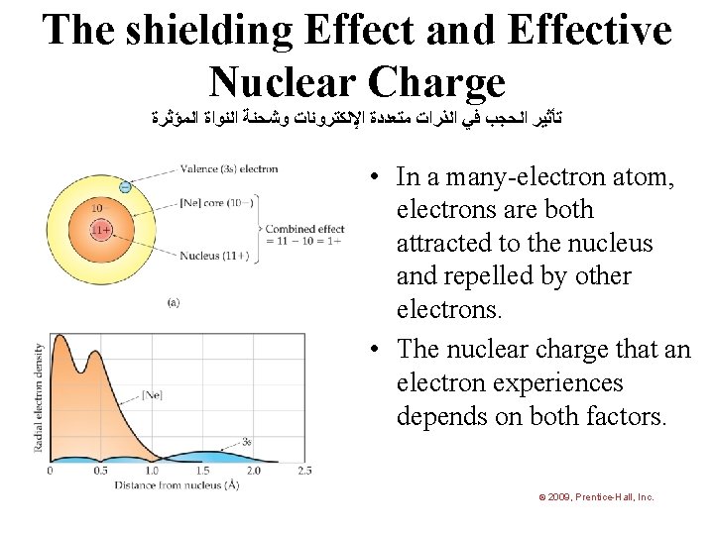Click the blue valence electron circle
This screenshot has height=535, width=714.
pyautogui.click(x=125, y=186)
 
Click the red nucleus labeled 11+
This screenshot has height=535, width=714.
pyautogui.click(x=100, y=231)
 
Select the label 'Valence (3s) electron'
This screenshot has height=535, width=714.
pyautogui.click(x=228, y=168)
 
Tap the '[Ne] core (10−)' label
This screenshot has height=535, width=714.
pyautogui.click(x=216, y=203)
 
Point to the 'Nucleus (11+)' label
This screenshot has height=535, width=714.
pyautogui.click(x=214, y=256)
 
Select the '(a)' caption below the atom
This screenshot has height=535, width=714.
pyautogui.click(x=175, y=303)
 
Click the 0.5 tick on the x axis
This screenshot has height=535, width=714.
pyautogui.click(x=100, y=471)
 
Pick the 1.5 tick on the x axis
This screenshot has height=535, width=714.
pyautogui.click(x=202, y=471)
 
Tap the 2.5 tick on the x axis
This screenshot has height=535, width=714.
pyautogui.click(x=303, y=471)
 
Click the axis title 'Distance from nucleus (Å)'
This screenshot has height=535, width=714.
pyautogui.click(x=175, y=485)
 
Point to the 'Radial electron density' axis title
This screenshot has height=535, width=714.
pyautogui.click(x=40, y=397)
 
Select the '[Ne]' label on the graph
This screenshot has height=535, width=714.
pyautogui.click(x=152, y=395)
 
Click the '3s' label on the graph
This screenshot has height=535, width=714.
pyautogui.click(x=246, y=441)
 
